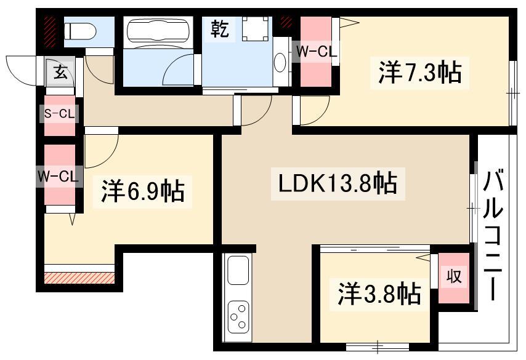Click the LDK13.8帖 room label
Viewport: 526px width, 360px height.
click(x=338, y=183)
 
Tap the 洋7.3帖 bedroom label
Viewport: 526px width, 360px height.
click(x=419, y=73)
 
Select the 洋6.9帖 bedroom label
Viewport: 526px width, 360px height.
click(x=142, y=191)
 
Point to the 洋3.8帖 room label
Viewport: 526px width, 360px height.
click(x=379, y=294)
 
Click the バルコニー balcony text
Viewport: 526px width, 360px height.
click(x=493, y=236)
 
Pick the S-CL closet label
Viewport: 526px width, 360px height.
click(x=60, y=113)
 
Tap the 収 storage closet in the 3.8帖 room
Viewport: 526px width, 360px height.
click(x=454, y=278)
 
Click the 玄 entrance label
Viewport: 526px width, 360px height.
click(x=60, y=73)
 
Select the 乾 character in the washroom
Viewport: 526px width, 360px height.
click(x=221, y=29)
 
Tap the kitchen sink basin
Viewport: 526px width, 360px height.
click(x=238, y=269)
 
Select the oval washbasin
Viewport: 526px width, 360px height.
click(x=280, y=63)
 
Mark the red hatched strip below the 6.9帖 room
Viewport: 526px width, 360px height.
click(x=79, y=278)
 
